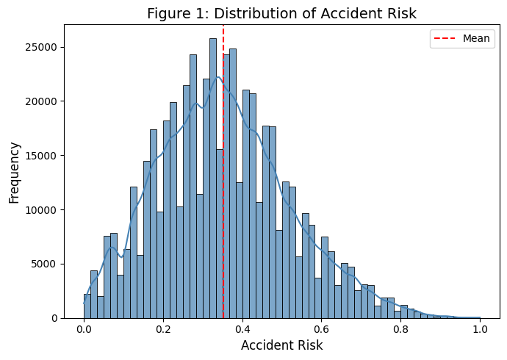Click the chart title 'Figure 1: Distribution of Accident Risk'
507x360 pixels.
281,13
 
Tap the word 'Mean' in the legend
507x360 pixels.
476,39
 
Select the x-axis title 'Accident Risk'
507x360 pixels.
281,345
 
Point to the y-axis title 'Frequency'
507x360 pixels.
14,172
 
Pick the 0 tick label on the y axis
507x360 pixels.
54,318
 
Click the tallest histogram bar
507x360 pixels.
213,184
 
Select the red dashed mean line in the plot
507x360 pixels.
223,110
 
